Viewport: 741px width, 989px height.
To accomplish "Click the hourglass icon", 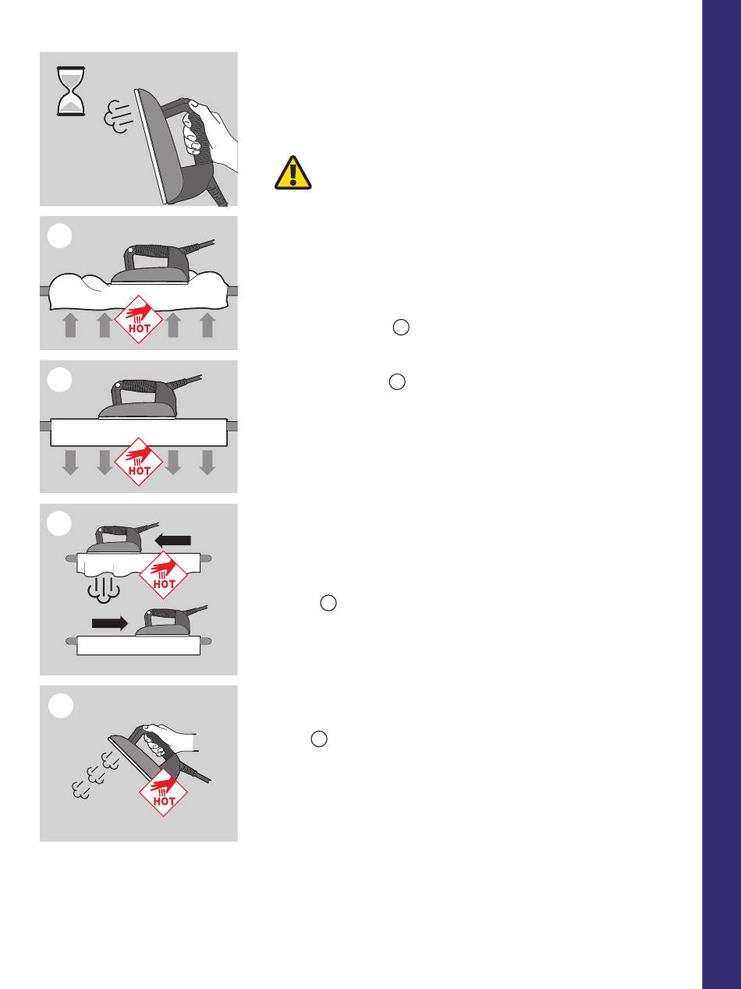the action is tap(71, 91).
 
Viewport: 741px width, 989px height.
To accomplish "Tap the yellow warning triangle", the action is tap(292, 173).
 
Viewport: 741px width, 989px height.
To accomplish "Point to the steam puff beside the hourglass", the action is tap(119, 116).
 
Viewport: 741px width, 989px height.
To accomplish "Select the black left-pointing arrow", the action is tap(172, 541).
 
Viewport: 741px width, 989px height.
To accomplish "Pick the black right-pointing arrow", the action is tap(110, 622).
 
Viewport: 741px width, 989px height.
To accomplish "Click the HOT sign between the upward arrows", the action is tap(138, 320).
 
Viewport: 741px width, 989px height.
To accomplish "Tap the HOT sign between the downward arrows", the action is tap(138, 462).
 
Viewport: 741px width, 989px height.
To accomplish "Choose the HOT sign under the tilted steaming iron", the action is tap(163, 792).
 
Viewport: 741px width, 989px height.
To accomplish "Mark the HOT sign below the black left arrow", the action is tap(163, 575).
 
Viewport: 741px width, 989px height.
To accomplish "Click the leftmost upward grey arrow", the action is tap(71, 325).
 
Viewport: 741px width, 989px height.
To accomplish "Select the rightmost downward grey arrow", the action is tap(207, 463).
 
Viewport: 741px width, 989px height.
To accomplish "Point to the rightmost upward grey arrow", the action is tap(207, 325).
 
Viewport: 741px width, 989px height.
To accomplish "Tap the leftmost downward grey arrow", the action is tap(71, 463).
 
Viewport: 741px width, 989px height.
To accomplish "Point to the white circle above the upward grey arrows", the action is tap(59, 236).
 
